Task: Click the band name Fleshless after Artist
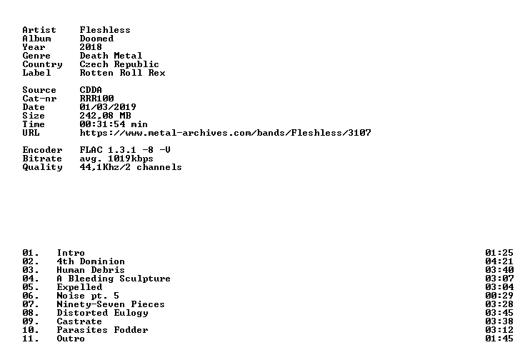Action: (105, 30)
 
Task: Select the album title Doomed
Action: (96, 39)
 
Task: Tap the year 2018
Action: (91, 47)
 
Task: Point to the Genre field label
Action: (36, 56)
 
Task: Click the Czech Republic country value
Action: (119, 64)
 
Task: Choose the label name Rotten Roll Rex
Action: (122, 73)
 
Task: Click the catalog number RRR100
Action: (96, 99)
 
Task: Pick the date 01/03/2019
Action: (108, 107)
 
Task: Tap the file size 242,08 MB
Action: (105, 116)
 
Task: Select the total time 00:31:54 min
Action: (114, 124)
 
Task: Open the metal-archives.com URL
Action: (225, 133)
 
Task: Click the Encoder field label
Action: (42, 150)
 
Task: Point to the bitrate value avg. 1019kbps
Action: (116, 159)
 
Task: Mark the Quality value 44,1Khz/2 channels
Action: (131, 167)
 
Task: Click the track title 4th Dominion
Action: (91, 261)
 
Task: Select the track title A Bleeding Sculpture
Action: (114, 279)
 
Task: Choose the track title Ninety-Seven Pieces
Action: (111, 304)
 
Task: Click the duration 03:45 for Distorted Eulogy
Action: (499, 313)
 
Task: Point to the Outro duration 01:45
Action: (499, 339)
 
